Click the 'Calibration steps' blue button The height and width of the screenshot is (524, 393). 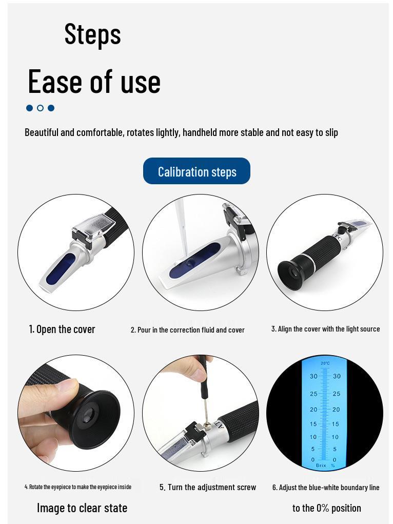196,171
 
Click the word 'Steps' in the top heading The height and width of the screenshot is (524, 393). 92,34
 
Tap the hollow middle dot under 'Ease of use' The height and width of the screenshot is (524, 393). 40,108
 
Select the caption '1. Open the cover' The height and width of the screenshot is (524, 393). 62,329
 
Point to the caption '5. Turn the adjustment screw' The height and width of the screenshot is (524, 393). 207,487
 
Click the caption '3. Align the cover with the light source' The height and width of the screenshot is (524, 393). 325,329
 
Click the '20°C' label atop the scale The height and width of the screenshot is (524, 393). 325,363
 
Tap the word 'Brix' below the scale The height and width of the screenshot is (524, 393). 321,465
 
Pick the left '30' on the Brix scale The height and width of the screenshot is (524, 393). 313,376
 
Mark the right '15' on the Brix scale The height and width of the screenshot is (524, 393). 335,424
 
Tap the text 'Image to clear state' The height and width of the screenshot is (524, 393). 82,508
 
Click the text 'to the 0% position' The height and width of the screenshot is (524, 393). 326,508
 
